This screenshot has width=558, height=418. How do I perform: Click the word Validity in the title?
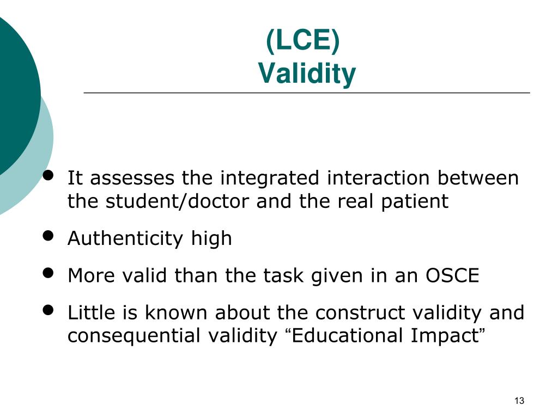(x=307, y=73)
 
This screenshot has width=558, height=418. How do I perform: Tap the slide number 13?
(x=519, y=401)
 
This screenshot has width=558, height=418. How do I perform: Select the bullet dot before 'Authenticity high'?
(x=48, y=235)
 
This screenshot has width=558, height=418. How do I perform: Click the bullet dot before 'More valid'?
(x=48, y=273)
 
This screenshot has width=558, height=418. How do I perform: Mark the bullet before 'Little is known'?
(x=48, y=310)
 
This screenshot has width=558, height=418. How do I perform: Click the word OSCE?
(x=452, y=276)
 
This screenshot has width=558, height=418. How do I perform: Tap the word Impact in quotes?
(x=444, y=336)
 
